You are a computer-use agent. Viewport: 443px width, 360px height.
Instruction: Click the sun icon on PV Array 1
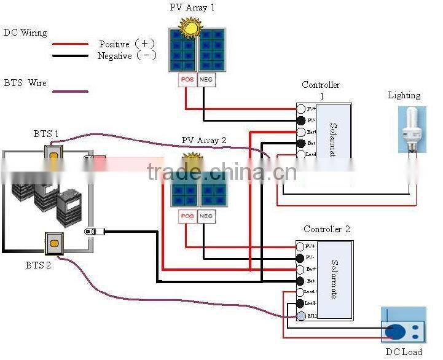(x=190, y=28)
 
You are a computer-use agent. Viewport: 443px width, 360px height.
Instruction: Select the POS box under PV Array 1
(x=187, y=80)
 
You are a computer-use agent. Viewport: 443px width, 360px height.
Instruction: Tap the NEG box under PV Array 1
(x=206, y=80)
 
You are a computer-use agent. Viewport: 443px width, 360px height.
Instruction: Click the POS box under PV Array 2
(x=187, y=216)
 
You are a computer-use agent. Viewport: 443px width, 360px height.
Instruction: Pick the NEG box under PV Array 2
(x=206, y=216)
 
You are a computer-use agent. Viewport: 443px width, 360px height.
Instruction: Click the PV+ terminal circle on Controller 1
(x=301, y=109)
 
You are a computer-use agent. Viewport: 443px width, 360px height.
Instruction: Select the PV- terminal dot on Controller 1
(x=301, y=120)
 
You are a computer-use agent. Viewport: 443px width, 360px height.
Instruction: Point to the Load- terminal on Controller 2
(x=301, y=303)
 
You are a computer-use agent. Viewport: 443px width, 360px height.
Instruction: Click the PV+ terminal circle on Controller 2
(x=301, y=246)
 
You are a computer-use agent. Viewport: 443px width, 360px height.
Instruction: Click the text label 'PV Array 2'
(x=204, y=141)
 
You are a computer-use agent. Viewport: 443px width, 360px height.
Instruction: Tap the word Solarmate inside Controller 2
(x=334, y=280)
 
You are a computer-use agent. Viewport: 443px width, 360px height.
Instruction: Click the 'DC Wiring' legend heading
(x=25, y=33)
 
